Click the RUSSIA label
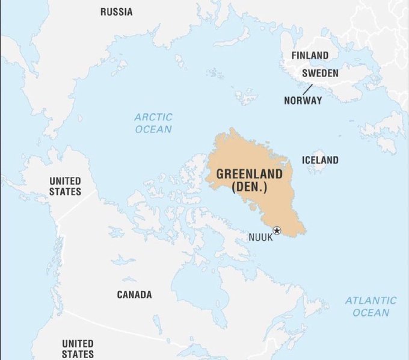[x=116, y=11]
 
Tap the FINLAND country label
[x=310, y=55]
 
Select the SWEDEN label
[x=319, y=73]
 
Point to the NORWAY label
[x=303, y=101]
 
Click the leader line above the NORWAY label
[x=307, y=89]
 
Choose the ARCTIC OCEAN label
[x=153, y=123]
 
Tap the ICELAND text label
[x=319, y=160]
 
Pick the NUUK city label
[x=260, y=237]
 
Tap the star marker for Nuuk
[x=277, y=230]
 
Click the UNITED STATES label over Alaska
[x=65, y=186]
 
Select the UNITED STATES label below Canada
[x=78, y=348]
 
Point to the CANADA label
[x=134, y=294]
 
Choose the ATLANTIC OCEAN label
[x=371, y=306]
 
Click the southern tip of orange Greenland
[x=301, y=234]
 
